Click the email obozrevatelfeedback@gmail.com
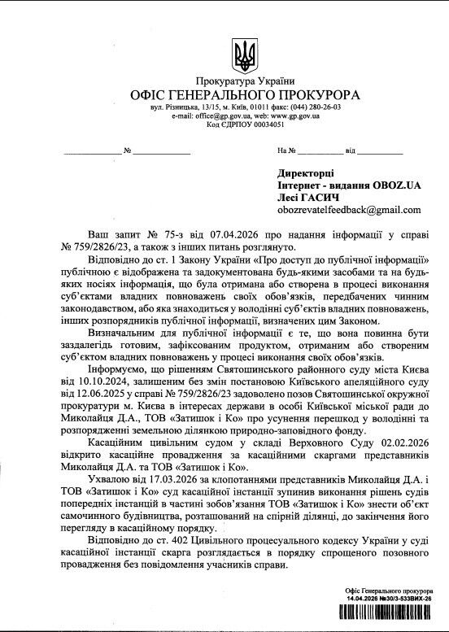(x=346, y=210)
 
